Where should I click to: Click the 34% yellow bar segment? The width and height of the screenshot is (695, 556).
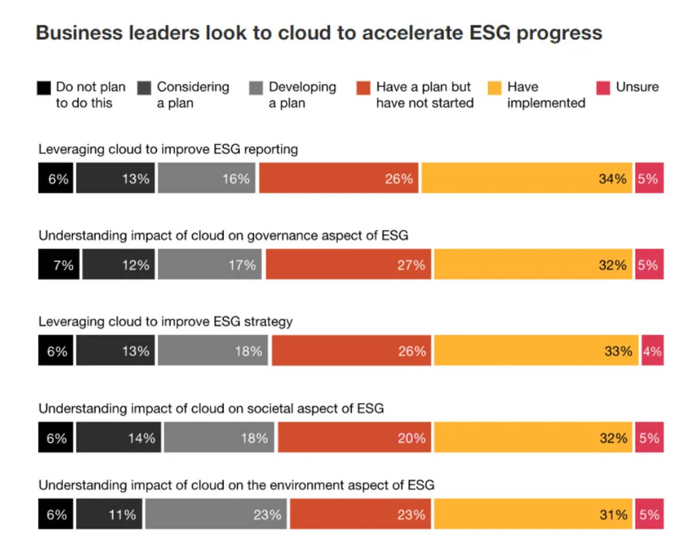(x=527, y=178)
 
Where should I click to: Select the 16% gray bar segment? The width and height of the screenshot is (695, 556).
(x=206, y=178)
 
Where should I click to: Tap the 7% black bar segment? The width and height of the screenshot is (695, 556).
(x=59, y=264)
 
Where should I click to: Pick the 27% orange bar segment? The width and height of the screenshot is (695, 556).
(x=348, y=264)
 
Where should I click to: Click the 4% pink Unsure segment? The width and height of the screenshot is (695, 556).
(x=652, y=351)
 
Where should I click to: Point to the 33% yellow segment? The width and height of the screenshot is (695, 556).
(x=536, y=351)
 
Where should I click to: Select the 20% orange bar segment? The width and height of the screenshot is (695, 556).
(x=354, y=437)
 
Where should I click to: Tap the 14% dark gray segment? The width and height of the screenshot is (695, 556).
(x=118, y=437)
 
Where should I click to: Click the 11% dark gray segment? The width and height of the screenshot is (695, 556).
(x=109, y=514)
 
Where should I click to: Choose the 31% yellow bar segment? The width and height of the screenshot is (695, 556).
(x=532, y=514)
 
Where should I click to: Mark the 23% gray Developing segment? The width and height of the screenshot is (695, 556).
(x=216, y=514)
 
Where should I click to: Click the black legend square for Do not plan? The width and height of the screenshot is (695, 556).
(x=44, y=88)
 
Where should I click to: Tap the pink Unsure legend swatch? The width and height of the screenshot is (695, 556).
(x=603, y=88)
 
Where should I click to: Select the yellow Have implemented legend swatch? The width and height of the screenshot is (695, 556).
(x=495, y=88)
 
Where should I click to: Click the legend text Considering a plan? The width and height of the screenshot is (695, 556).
(x=192, y=95)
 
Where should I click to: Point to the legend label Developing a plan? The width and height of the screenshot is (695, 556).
(x=302, y=95)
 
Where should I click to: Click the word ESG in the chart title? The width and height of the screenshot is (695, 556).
(x=489, y=33)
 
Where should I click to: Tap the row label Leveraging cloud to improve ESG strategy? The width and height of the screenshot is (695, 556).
(x=165, y=321)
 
